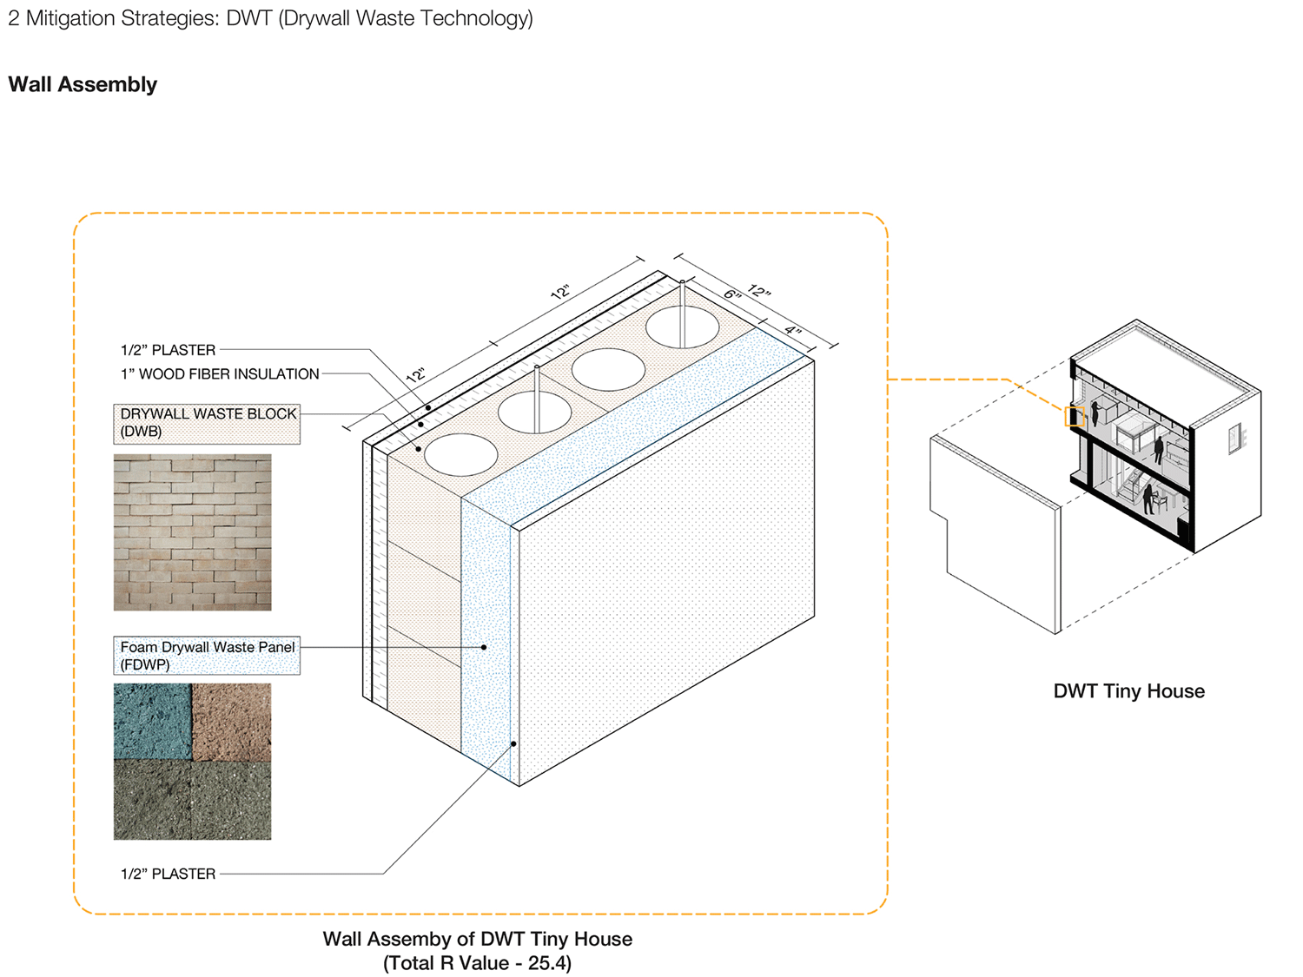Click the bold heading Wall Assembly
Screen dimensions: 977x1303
tap(83, 84)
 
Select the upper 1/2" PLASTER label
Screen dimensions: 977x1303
tap(168, 350)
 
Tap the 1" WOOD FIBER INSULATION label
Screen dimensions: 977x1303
tap(220, 374)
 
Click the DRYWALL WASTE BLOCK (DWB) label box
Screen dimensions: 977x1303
tap(207, 423)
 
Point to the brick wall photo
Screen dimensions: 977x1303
tap(192, 531)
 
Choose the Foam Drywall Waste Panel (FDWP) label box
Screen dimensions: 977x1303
tap(207, 656)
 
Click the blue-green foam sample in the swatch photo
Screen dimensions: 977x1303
tap(152, 721)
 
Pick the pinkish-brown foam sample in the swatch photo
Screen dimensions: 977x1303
tap(231, 721)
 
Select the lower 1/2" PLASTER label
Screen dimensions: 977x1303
tap(168, 874)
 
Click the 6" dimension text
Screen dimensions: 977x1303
tap(733, 294)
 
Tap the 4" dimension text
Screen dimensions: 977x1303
tap(793, 330)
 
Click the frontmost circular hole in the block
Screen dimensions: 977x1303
tap(460, 454)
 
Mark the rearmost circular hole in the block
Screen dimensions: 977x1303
tap(682, 327)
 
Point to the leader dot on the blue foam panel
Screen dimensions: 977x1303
tap(484, 647)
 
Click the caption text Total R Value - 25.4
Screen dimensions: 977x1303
tap(477, 963)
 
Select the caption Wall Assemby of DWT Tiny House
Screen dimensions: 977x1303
tap(477, 939)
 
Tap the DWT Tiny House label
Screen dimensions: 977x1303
tap(1128, 691)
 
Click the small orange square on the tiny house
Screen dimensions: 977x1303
tap(1075, 416)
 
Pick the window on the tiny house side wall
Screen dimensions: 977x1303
tap(1234, 439)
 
